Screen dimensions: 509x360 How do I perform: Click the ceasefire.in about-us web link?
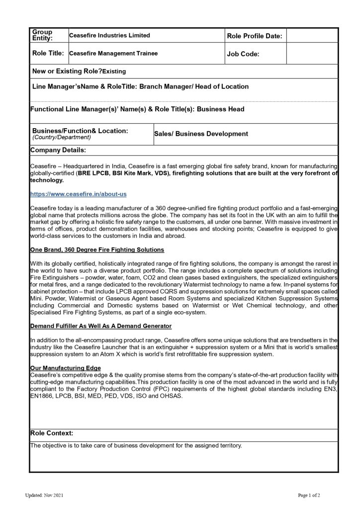click(81, 194)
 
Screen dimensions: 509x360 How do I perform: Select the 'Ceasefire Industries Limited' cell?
click(109, 36)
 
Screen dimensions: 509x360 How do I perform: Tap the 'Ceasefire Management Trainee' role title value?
click(113, 53)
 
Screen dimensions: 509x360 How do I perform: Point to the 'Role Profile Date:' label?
click(255, 36)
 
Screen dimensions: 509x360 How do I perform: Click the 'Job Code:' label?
click(243, 54)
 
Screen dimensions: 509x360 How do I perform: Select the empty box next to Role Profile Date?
click(312, 36)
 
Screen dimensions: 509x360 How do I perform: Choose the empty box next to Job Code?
click(312, 54)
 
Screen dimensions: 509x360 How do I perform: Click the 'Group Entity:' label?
click(42, 35)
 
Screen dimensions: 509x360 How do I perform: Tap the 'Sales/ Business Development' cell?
click(201, 134)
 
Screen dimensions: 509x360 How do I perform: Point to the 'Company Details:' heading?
click(58, 150)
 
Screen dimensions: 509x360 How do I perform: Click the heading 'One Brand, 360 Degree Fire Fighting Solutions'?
click(97, 249)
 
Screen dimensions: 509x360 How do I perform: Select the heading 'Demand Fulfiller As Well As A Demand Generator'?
click(101, 326)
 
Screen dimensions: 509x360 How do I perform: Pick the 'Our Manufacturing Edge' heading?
click(62, 368)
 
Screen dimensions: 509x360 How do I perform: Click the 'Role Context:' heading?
click(52, 433)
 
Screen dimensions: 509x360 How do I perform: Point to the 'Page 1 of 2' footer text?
click(309, 496)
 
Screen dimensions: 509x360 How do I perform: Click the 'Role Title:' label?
click(48, 53)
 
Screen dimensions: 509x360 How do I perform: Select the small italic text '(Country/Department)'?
click(62, 137)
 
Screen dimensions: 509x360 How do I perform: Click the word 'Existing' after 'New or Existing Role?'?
click(114, 72)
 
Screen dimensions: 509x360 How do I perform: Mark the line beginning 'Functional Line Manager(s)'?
click(137, 109)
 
